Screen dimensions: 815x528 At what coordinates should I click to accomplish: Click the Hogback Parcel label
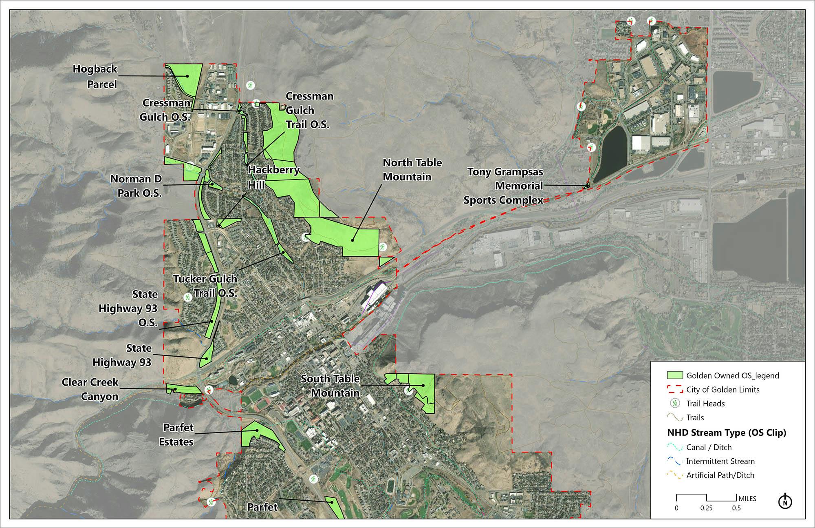(x=95, y=76)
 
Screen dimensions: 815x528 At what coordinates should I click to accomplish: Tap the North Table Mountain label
(x=412, y=169)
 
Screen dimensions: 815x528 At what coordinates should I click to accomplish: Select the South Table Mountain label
(x=330, y=386)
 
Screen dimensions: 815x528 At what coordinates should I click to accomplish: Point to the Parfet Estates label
(x=178, y=435)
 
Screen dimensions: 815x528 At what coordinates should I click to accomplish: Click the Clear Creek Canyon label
(x=90, y=389)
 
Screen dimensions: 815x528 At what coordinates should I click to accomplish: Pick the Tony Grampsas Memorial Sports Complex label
(x=504, y=186)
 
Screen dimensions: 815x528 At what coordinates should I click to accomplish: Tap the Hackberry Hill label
(x=273, y=177)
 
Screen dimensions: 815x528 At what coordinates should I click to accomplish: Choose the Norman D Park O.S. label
(x=136, y=186)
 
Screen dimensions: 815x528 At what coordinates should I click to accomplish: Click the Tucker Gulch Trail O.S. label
(x=205, y=286)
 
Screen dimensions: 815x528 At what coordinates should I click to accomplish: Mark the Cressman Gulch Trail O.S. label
(x=309, y=110)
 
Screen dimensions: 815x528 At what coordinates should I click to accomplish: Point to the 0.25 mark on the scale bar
(x=707, y=508)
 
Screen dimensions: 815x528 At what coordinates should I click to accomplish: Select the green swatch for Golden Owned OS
(x=674, y=375)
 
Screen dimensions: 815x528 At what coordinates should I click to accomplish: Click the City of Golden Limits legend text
(x=723, y=390)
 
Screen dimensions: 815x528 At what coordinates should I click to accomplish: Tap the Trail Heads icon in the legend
(x=675, y=404)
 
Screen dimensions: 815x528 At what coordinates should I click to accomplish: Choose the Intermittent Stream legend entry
(x=720, y=461)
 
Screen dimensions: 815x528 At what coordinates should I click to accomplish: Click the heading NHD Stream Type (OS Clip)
(x=727, y=433)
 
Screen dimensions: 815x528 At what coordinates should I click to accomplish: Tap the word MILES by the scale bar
(x=747, y=499)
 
